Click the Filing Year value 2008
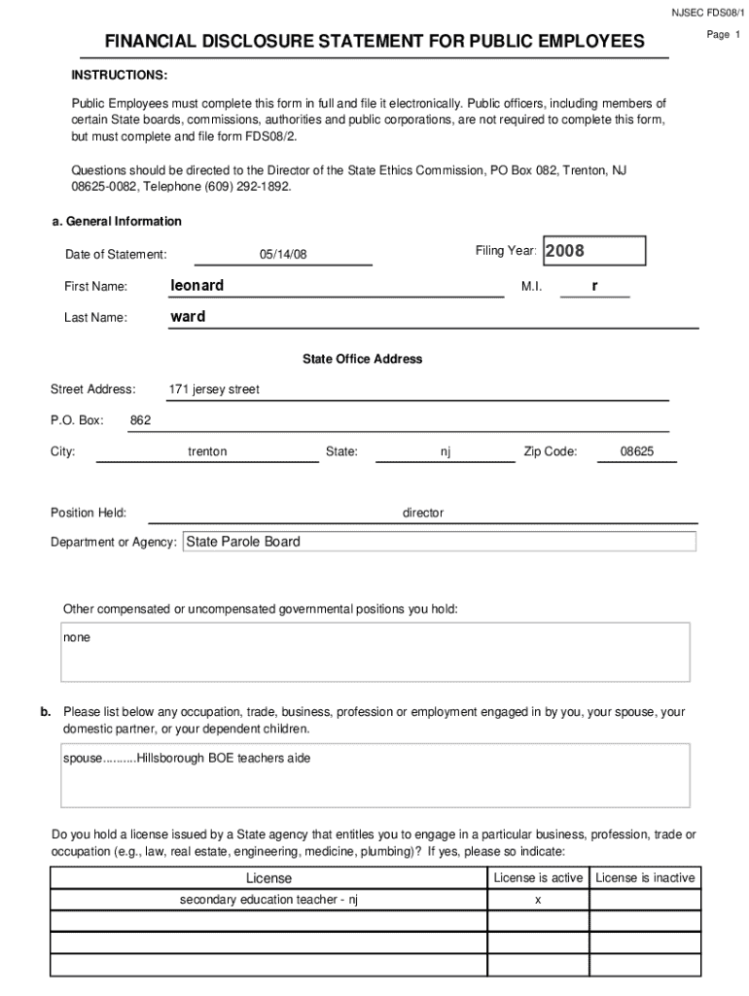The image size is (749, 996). [x=565, y=251]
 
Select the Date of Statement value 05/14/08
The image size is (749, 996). [x=283, y=254]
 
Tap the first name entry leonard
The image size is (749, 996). [x=196, y=285]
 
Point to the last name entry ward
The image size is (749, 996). [x=188, y=316]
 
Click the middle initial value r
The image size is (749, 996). [x=594, y=286]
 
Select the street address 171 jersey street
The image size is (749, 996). [x=214, y=389]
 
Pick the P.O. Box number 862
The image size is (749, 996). [x=140, y=420]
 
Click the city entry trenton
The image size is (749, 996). [x=207, y=451]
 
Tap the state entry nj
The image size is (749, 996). [x=446, y=451]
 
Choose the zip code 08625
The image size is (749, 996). [x=637, y=451]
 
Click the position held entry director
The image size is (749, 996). [x=423, y=513]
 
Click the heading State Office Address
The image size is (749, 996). [x=363, y=359]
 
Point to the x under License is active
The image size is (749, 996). [x=538, y=900]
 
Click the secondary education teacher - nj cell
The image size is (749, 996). [x=269, y=900]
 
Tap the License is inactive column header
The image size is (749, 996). [x=645, y=877]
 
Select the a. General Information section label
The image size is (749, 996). [x=117, y=221]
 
